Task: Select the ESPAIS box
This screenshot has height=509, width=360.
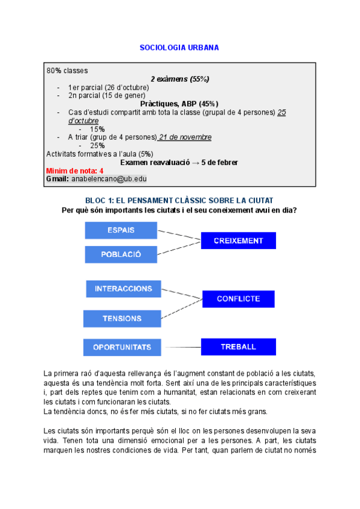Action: (121, 230)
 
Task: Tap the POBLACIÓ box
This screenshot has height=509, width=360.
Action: (121, 254)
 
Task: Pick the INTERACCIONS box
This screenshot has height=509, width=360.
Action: (123, 289)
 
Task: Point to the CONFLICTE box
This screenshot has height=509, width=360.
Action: (238, 298)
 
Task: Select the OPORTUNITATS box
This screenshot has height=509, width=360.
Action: (122, 347)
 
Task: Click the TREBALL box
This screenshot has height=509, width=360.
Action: (238, 346)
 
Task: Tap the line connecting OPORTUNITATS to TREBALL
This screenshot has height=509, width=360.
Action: (182, 347)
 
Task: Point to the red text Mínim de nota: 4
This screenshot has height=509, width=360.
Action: (74, 170)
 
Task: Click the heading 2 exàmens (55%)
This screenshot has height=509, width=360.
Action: (179, 79)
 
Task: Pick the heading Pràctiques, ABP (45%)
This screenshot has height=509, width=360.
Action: (179, 103)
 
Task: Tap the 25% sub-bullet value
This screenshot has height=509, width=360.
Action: (97, 145)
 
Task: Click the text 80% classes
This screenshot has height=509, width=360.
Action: (67, 70)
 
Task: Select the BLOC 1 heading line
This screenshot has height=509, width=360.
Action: (179, 199)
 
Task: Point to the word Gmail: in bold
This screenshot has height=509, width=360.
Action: (58, 179)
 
